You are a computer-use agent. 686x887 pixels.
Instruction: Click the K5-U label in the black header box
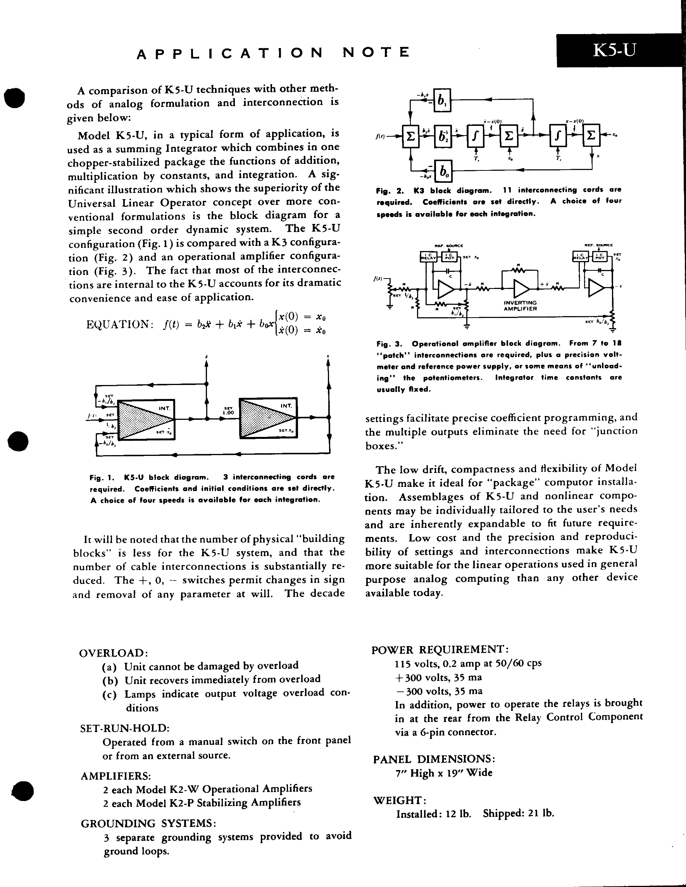[x=614, y=51]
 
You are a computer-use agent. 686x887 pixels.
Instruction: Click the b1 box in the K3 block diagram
[x=441, y=100]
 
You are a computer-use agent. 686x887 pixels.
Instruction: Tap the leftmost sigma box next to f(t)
[x=410, y=136]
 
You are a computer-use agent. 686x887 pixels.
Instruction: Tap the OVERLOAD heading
[x=114, y=653]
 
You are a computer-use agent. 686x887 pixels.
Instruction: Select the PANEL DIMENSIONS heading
[x=434, y=759]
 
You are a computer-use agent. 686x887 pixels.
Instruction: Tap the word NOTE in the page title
[x=376, y=52]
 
